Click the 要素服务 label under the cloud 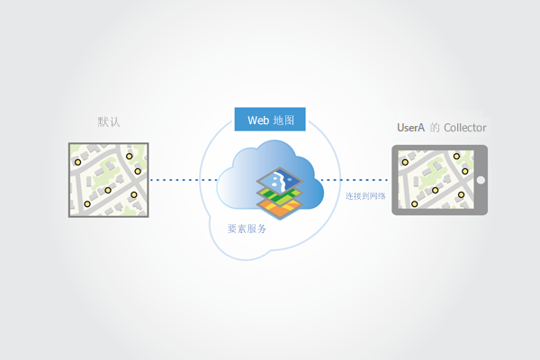click(247, 229)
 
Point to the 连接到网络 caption click(365, 195)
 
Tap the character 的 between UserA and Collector click(435, 128)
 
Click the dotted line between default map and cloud click(184, 181)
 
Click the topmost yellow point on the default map click(130, 156)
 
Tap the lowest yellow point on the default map click(87, 205)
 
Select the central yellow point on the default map click(108, 190)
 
